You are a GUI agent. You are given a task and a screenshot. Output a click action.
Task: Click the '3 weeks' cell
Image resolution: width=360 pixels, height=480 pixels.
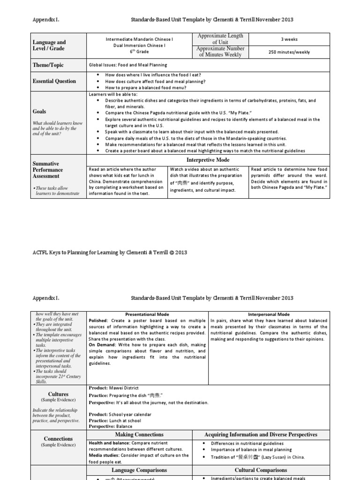click(x=289, y=39)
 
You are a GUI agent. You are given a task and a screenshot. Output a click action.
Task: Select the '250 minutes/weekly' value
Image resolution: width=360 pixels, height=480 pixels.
click(x=289, y=52)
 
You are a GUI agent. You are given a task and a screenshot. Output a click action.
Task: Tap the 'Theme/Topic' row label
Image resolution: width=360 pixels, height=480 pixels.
click(x=48, y=65)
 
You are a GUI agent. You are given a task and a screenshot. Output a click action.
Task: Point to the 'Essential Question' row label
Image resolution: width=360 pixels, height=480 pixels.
click(x=54, y=81)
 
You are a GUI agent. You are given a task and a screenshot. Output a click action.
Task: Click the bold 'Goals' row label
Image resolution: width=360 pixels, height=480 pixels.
click(x=39, y=112)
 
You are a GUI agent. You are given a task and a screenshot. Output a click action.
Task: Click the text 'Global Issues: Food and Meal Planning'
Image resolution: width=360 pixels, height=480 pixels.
click(x=128, y=65)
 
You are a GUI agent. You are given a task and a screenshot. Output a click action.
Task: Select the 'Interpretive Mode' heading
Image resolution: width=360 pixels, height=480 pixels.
click(x=208, y=160)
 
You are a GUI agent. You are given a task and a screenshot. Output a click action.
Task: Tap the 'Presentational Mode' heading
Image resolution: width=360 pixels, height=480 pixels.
click(x=148, y=314)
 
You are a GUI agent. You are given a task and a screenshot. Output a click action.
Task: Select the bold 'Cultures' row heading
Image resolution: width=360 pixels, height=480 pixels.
click(x=58, y=394)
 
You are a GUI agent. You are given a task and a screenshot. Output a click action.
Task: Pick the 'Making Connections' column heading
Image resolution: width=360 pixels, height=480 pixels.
click(x=142, y=435)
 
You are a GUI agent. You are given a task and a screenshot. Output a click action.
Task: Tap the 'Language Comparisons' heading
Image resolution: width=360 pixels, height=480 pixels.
click(x=139, y=470)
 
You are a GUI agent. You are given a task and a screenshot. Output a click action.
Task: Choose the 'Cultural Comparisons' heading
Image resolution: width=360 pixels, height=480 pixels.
click(x=261, y=470)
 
